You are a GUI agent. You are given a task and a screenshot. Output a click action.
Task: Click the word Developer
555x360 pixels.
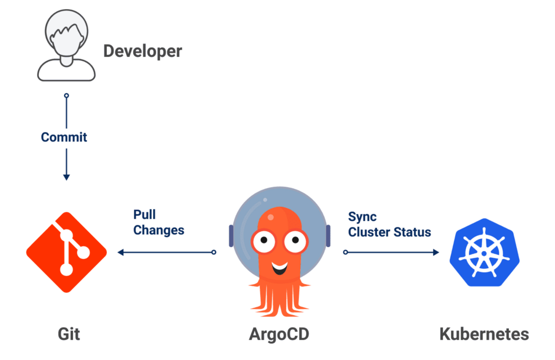tap(142, 51)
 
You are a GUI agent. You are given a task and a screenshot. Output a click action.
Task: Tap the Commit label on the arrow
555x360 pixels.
tap(64, 137)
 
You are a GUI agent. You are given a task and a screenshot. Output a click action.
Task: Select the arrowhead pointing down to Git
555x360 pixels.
tap(66, 176)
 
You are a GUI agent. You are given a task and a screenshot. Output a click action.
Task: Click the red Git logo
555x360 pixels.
tap(67, 252)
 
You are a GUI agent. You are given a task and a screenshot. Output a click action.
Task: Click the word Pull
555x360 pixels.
tap(144, 215)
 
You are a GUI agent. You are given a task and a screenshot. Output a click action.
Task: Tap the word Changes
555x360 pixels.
tap(159, 230)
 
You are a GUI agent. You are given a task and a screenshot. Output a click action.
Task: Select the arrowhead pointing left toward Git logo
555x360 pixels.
tap(121, 252)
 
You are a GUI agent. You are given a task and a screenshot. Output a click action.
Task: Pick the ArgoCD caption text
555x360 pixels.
tap(278, 334)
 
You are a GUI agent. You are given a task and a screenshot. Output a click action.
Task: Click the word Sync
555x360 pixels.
tap(362, 217)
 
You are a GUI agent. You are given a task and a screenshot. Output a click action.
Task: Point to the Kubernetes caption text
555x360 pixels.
tap(484, 334)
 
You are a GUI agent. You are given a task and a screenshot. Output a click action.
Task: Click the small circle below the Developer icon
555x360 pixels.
tap(66, 95)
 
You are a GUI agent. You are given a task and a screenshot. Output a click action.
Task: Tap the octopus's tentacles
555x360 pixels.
tap(278, 301)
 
